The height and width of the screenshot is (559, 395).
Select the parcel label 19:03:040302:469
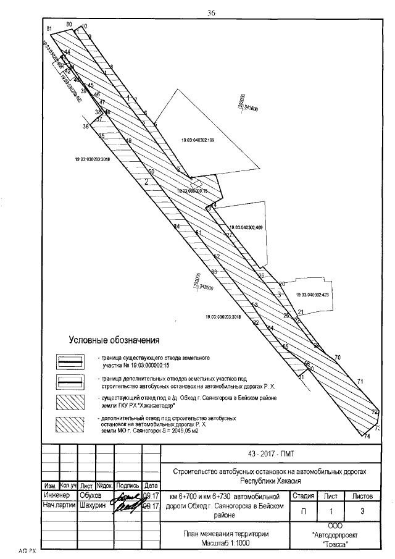click(x=246, y=228)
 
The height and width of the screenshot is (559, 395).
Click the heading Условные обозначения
click(x=114, y=340)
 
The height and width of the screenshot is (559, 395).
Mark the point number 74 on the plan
click(x=367, y=437)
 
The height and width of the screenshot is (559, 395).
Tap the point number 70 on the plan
click(x=337, y=357)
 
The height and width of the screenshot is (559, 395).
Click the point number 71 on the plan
click(x=360, y=380)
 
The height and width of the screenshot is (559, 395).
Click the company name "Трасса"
click(x=335, y=544)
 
